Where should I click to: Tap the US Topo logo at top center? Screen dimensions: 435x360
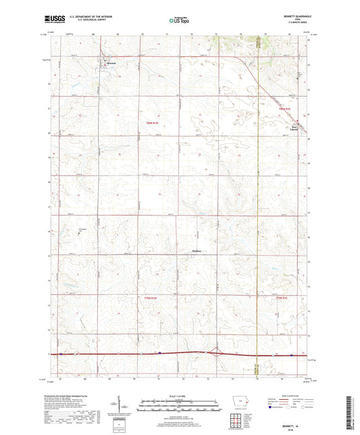tap(178, 20)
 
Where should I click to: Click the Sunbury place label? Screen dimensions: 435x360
tap(196, 253)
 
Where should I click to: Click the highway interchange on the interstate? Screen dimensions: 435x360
tap(215, 352)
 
